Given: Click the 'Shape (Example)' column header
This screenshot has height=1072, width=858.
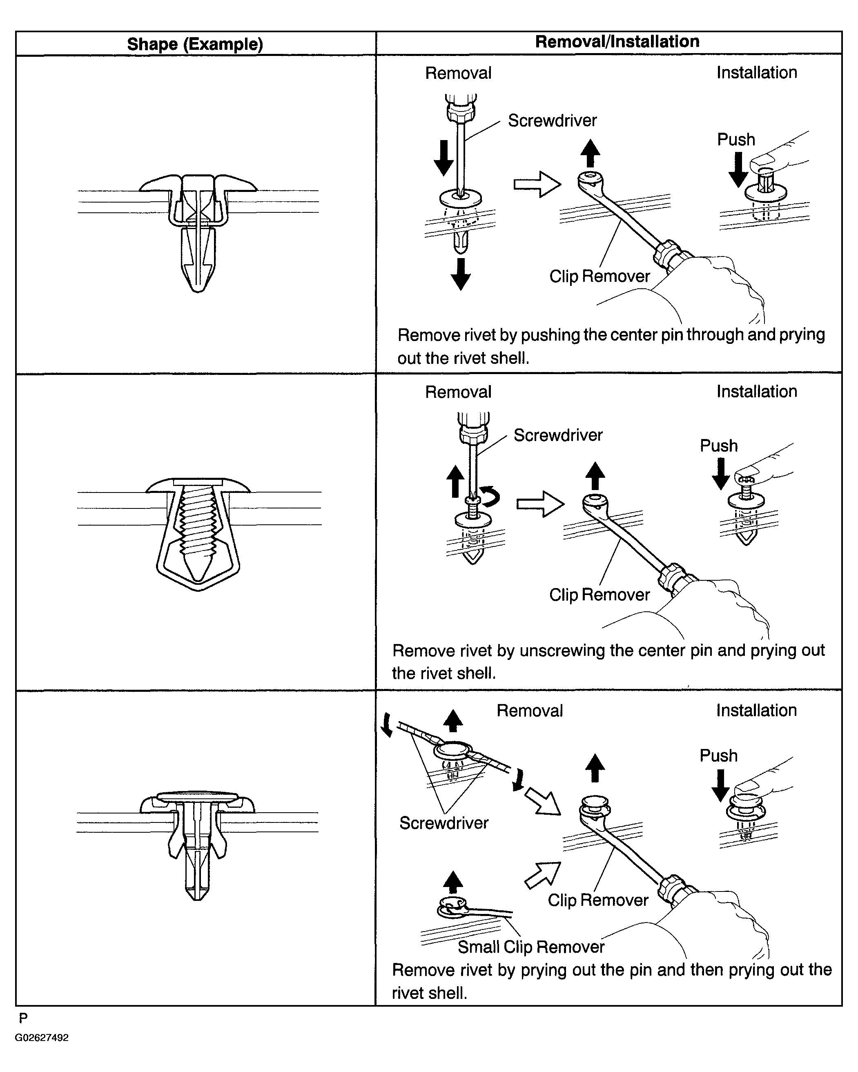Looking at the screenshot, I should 195,44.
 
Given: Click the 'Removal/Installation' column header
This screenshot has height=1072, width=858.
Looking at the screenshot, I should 617,42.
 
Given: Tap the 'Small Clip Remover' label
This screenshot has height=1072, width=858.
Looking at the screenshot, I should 531,947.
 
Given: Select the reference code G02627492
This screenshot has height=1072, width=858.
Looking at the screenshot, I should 42,1038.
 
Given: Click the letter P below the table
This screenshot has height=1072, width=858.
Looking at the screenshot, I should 23,1019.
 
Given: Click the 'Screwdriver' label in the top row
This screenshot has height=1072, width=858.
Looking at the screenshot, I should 552,120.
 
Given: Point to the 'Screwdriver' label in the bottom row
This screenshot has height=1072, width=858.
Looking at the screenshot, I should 443,823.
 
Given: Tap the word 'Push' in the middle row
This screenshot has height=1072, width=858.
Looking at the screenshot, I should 718,446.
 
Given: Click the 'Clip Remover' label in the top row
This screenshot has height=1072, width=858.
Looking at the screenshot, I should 599,276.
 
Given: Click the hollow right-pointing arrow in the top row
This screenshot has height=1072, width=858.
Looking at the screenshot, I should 537,185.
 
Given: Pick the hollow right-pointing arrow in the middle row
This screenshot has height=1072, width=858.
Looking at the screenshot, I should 540,504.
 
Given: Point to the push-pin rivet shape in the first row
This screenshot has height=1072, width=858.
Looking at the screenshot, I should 198,231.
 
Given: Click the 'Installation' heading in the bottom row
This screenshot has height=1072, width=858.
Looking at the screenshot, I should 756,711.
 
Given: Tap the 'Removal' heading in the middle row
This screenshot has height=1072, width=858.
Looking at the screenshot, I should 458,392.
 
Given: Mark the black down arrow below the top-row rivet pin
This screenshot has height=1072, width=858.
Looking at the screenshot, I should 461,274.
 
